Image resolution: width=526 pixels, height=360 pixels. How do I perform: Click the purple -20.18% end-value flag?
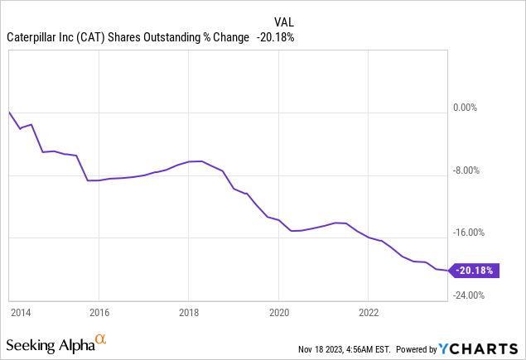[474, 270]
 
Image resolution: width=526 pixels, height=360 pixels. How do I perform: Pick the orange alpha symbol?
[101, 339]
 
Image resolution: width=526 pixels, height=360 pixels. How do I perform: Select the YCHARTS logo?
[484, 348]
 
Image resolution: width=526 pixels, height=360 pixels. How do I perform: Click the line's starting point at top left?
[9, 111]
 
